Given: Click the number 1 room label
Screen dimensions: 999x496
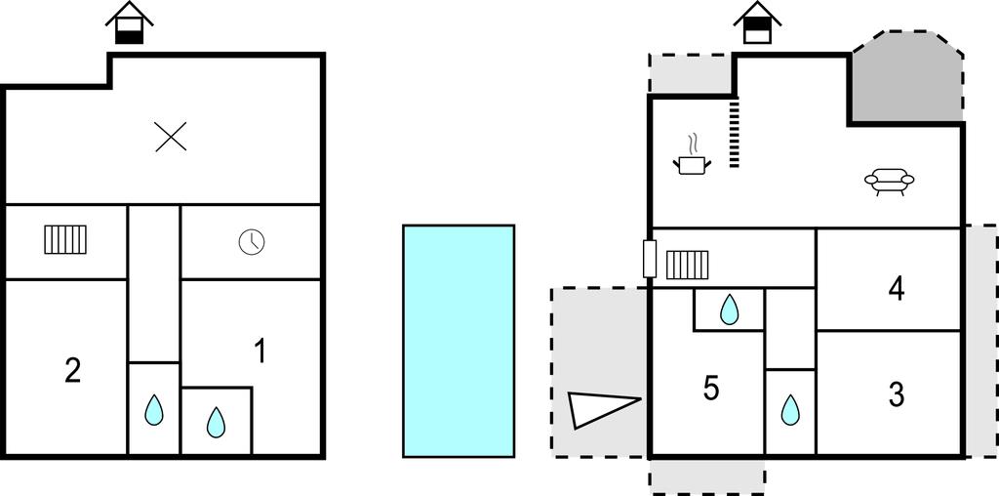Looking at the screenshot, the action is click(x=260, y=351).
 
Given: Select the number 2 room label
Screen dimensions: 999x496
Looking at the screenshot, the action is click(x=72, y=370).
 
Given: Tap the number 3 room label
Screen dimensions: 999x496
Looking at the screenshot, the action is click(x=897, y=394).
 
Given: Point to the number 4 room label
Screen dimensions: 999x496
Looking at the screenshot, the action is click(x=897, y=289).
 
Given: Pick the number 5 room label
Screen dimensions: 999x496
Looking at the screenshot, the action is click(x=711, y=389).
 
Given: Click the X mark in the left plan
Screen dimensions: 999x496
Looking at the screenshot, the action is click(x=171, y=137).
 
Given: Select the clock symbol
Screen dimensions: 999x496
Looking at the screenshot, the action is click(x=252, y=242).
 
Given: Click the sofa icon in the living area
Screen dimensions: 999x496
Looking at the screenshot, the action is click(x=890, y=181).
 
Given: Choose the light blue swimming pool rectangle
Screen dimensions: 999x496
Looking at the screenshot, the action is click(x=459, y=341).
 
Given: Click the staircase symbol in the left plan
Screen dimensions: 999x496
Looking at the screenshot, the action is click(x=65, y=240).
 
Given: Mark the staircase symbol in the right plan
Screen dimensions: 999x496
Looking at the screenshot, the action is click(x=688, y=266).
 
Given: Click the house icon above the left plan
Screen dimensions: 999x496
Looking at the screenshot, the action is click(x=130, y=23).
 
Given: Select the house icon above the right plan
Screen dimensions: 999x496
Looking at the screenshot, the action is click(x=757, y=23).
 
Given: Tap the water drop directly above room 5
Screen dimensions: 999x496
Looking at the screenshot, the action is click(x=730, y=310).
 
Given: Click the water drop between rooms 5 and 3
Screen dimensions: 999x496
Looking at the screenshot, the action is click(x=790, y=410).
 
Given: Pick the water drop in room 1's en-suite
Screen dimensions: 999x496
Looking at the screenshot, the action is click(x=216, y=422).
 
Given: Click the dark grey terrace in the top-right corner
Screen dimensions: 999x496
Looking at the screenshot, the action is click(x=908, y=76).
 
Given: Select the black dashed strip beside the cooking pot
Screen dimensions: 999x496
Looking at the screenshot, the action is click(x=734, y=133).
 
